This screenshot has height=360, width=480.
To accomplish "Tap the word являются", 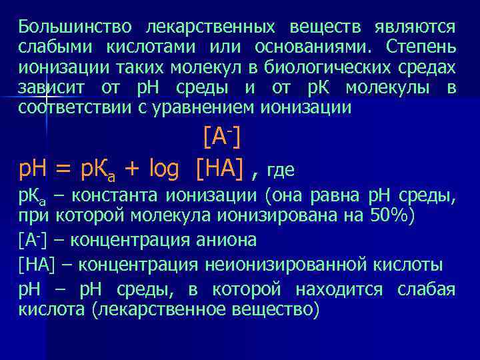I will (415, 27).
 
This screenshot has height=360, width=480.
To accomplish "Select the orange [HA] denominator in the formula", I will (221, 170).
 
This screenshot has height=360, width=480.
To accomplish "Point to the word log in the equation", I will (159, 170).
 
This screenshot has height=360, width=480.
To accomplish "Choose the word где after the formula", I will (281, 171).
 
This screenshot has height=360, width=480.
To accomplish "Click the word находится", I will (343, 290).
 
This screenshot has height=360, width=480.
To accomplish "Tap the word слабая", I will (426, 290).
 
